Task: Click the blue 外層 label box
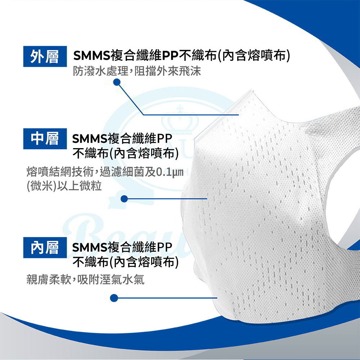pos(45,56)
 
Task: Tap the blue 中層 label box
pos(45,139)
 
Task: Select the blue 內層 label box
pos(45,247)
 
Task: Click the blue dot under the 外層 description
pos(117,82)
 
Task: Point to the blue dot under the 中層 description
pos(124,199)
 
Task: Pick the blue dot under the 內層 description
pos(114,298)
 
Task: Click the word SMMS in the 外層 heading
pos(92,56)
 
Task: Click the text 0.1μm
pos(170,172)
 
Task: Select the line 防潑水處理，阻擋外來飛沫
pos(137,71)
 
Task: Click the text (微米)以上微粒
pos(64,186)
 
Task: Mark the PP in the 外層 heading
pos(170,56)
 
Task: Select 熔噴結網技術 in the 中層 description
pos(60,172)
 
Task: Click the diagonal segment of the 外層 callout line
pos(130,99)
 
